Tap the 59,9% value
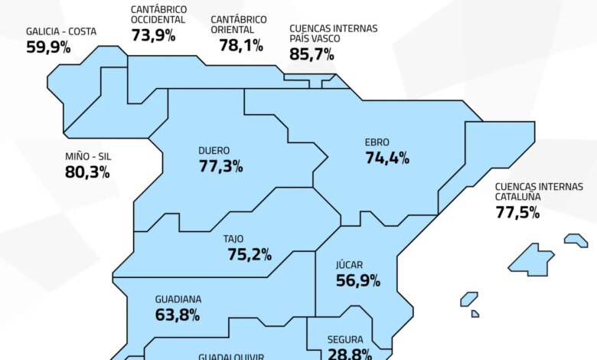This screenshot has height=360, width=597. coord(48,47)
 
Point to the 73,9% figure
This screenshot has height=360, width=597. coord(152,34)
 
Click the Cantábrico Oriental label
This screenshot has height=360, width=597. coord(240,24)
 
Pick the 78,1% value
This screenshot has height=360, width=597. coord(240,45)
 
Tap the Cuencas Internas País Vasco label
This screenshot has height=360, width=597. coord(333,33)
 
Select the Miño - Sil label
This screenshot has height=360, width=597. coord(88,156)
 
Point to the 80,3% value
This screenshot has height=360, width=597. coord(87,172)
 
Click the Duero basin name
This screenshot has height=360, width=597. coord(214,151)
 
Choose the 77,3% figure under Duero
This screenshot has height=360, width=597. coord(220,166)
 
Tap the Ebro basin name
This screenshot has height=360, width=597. coord(377,142)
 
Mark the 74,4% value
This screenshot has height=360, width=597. coord(387,159)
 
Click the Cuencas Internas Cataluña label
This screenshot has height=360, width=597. coord(539,191)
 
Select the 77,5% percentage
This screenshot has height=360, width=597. coord(517,212)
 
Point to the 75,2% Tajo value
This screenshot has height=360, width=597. coord(250,254)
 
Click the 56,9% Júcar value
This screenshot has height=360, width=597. coord(358,280)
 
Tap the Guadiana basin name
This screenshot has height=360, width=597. coord(178,299)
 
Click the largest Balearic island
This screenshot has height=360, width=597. coord(532,260)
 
